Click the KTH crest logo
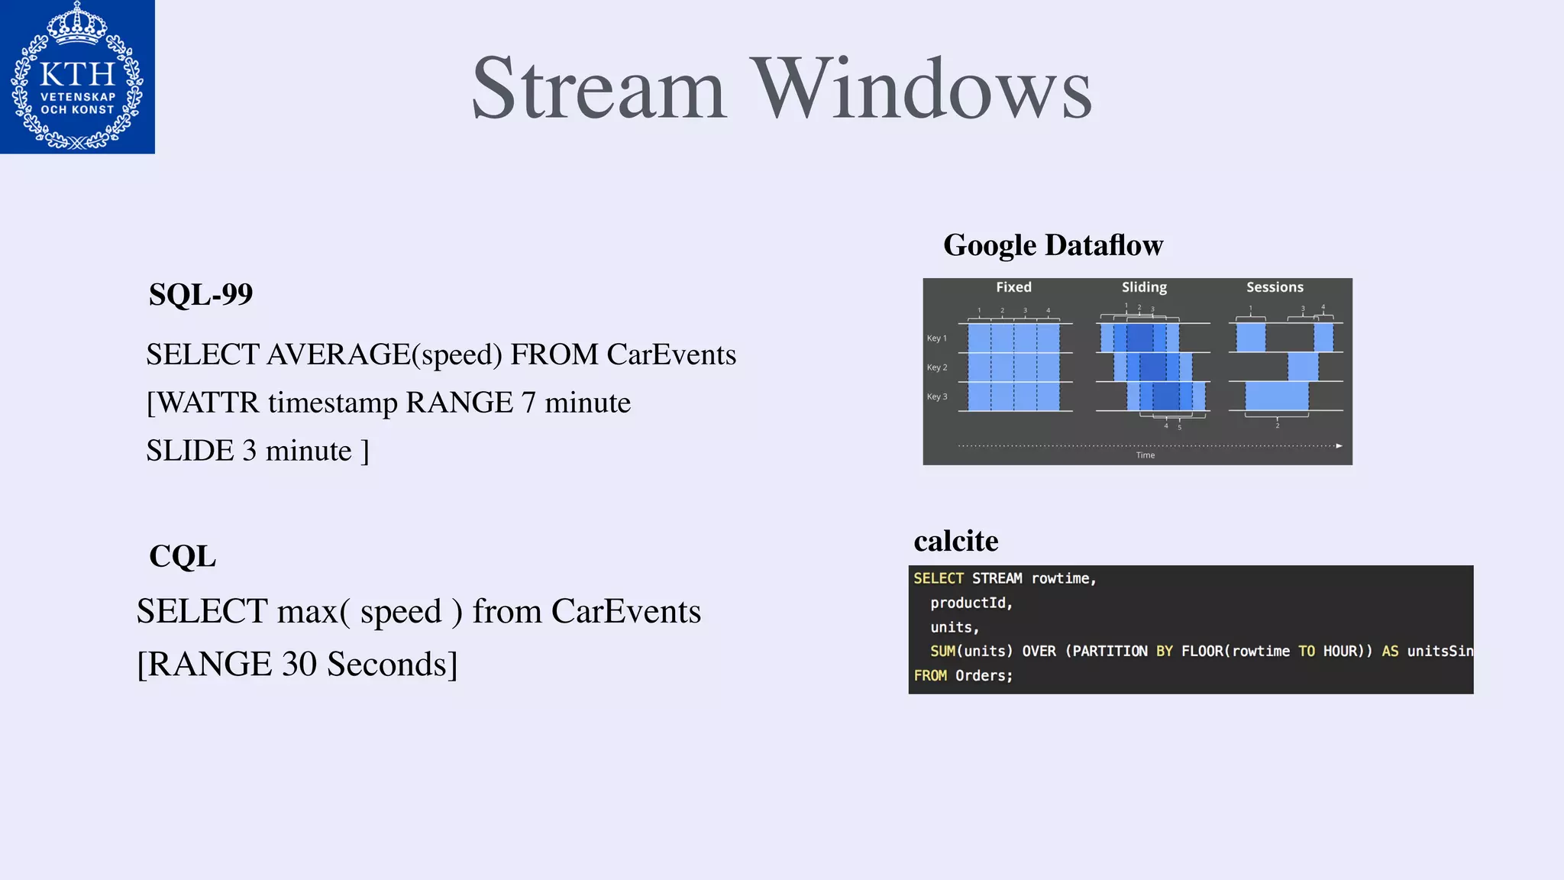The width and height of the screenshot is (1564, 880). click(x=77, y=76)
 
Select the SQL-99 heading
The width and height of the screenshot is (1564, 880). click(x=201, y=295)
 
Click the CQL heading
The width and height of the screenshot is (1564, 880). click(x=183, y=556)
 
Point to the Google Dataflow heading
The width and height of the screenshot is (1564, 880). click(x=1052, y=245)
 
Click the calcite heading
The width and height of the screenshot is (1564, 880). click(x=955, y=541)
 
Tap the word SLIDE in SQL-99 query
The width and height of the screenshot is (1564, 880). click(x=190, y=451)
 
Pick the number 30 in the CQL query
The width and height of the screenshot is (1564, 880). click(x=299, y=664)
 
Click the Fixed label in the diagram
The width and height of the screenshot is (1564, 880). click(x=1013, y=287)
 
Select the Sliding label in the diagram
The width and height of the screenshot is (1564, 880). click(x=1144, y=287)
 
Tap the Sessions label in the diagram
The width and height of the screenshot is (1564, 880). click(x=1275, y=287)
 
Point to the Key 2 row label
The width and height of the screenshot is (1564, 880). click(x=936, y=367)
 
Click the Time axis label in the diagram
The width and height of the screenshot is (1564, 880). click(x=1145, y=455)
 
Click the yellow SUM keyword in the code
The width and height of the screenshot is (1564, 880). click(x=942, y=651)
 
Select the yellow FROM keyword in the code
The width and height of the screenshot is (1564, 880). click(x=929, y=675)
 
